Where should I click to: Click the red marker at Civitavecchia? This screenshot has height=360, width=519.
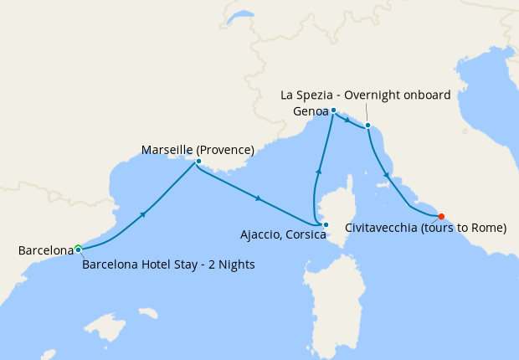(x=441, y=216)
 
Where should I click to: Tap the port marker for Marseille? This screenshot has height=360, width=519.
(x=198, y=161)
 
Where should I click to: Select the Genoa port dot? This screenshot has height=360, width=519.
(x=333, y=111)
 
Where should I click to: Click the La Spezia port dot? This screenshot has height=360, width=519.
(x=367, y=126)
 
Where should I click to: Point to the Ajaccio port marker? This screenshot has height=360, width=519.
(x=326, y=224)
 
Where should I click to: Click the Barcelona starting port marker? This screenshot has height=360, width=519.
(x=78, y=249)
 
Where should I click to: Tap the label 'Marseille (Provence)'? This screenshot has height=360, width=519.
(x=198, y=150)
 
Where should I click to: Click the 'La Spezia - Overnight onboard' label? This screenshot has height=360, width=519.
(x=366, y=95)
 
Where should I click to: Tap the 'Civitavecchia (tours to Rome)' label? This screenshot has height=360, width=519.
(x=425, y=228)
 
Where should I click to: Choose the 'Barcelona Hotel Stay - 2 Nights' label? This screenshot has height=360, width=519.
(x=168, y=265)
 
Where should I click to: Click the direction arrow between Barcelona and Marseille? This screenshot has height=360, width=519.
(x=144, y=214)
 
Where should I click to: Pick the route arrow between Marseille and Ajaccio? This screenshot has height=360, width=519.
(x=259, y=198)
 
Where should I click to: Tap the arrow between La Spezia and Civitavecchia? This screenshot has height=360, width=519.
(x=386, y=175)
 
